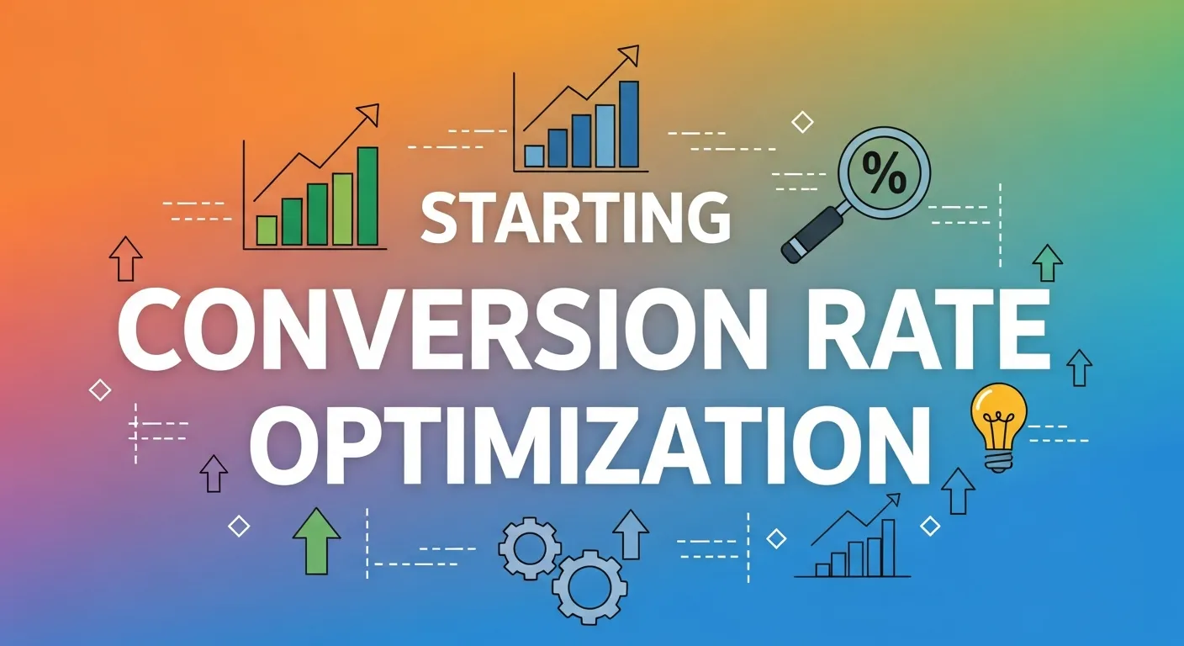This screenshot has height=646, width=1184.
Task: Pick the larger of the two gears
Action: (x=589, y=584)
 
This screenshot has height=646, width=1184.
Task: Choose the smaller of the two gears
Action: (x=530, y=549)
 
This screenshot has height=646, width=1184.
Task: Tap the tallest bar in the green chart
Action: (x=367, y=196)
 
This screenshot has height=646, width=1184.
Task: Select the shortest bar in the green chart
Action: (x=267, y=230)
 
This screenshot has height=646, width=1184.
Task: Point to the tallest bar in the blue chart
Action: (x=628, y=124)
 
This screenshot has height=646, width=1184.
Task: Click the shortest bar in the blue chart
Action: (x=534, y=156)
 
